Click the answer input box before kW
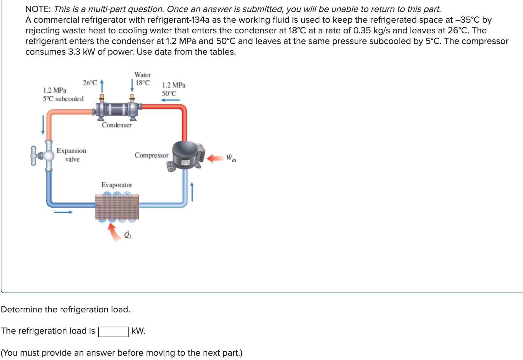pyautogui.click(x=113, y=332)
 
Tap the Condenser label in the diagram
pyautogui.click(x=116, y=125)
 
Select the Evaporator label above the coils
pyautogui.click(x=117, y=185)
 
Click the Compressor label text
pyautogui.click(x=152, y=155)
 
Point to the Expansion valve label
pyautogui.click(x=71, y=155)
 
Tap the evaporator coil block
pyautogui.click(x=117, y=207)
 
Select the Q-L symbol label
pyautogui.click(x=128, y=235)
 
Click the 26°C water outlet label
pyautogui.click(x=90, y=83)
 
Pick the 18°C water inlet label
pyautogui.click(x=143, y=83)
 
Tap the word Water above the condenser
pyautogui.click(x=143, y=75)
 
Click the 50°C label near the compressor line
pyautogui.click(x=169, y=94)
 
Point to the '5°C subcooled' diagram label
pyautogui.click(x=63, y=99)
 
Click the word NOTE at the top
pyautogui.click(x=38, y=9)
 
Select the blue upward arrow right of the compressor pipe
pyautogui.click(x=192, y=192)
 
